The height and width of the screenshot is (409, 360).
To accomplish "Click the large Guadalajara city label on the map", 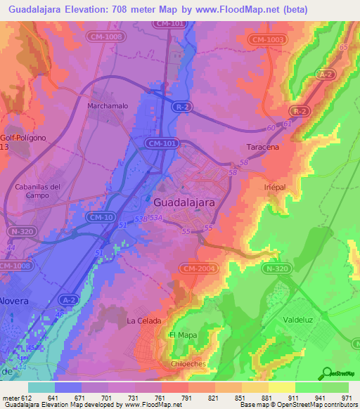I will coord(184,202).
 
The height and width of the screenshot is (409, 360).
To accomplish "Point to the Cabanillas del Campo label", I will coord(38,191).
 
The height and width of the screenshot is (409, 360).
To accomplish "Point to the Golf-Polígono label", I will coord(23,138).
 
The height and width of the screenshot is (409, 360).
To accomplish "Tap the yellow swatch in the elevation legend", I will coord(281,387).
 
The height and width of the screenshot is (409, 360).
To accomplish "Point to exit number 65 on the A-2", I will coord(343,46).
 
